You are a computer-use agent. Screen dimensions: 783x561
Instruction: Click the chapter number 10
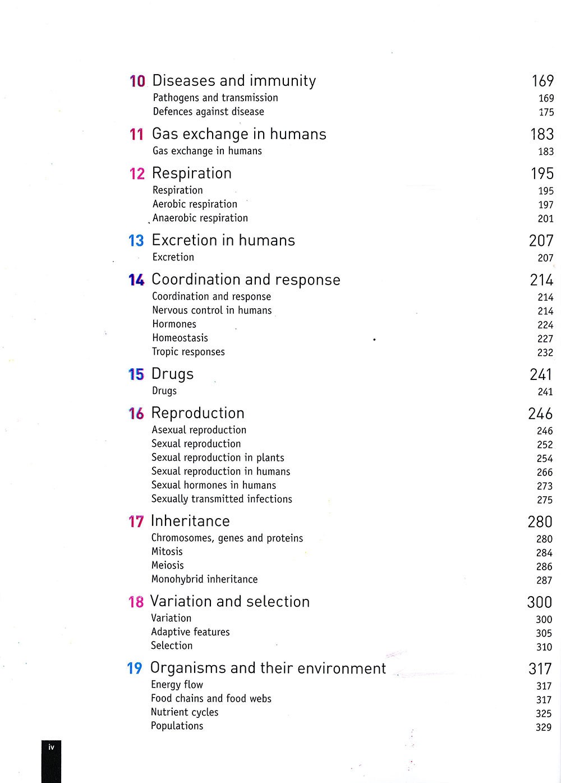(x=137, y=81)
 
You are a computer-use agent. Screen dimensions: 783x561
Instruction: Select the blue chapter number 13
(x=136, y=241)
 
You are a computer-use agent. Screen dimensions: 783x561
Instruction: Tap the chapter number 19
(x=135, y=668)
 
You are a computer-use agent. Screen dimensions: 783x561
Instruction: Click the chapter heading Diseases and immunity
(x=234, y=81)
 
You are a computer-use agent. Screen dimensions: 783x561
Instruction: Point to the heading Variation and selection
(x=230, y=602)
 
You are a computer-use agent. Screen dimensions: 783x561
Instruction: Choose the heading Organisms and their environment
(x=268, y=668)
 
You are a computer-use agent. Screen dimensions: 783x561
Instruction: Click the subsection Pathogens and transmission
(x=215, y=98)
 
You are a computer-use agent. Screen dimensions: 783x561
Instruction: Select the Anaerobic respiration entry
(x=200, y=218)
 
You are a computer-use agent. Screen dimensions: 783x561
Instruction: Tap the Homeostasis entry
(x=180, y=338)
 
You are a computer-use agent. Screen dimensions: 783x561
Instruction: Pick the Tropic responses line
(x=188, y=352)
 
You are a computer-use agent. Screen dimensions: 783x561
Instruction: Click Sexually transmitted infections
(x=222, y=499)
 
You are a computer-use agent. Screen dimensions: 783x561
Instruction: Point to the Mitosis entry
(x=167, y=552)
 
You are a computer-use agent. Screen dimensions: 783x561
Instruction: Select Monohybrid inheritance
(x=205, y=579)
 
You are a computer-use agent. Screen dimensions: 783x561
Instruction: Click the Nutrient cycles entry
(x=185, y=712)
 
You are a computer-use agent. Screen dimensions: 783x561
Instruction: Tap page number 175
(x=546, y=112)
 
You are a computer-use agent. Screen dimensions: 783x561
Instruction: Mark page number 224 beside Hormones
(x=545, y=325)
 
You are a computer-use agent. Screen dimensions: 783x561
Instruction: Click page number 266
(x=545, y=473)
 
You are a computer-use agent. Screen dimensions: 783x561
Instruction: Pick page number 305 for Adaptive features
(x=544, y=633)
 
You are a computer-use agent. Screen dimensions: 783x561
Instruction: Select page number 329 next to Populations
(x=544, y=727)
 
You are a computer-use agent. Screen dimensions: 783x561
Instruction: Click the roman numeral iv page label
(x=51, y=747)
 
